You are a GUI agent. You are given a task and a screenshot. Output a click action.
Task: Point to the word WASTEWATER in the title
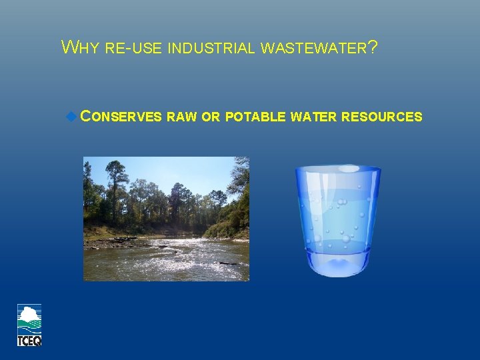coord(313,48)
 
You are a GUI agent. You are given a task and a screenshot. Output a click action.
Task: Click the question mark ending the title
coord(373,47)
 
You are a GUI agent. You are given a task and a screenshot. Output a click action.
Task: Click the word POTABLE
coord(256,117)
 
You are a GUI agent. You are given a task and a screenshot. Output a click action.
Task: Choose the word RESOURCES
coord(381,117)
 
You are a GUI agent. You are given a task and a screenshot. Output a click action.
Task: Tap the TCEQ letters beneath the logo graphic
coord(29,340)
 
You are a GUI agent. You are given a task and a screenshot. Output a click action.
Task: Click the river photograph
coord(165,219)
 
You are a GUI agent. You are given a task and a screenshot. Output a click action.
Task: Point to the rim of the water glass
coord(338,169)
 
